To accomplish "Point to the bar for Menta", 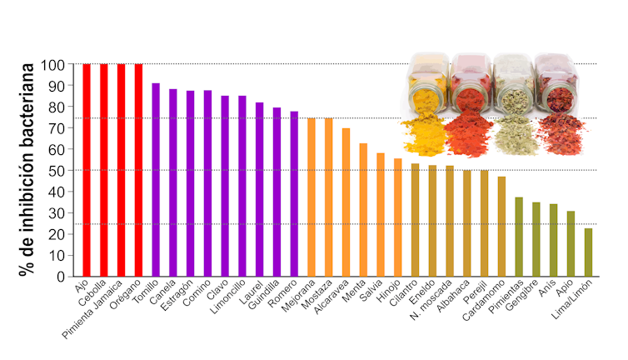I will pyautogui.click(x=363, y=209).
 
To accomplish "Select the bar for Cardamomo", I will pyautogui.click(x=501, y=226).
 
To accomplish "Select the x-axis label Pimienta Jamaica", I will pyautogui.click(x=93, y=312).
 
